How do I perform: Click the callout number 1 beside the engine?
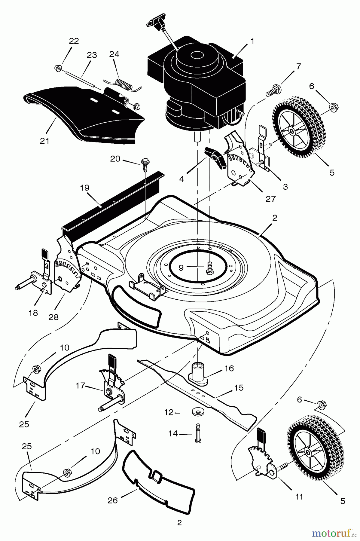click(x=252, y=41)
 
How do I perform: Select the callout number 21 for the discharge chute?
click(x=44, y=140)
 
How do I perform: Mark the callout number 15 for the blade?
click(x=239, y=387)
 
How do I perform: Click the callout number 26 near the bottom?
click(x=113, y=500)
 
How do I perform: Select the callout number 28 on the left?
click(x=53, y=317)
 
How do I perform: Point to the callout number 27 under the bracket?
click(x=271, y=199)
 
